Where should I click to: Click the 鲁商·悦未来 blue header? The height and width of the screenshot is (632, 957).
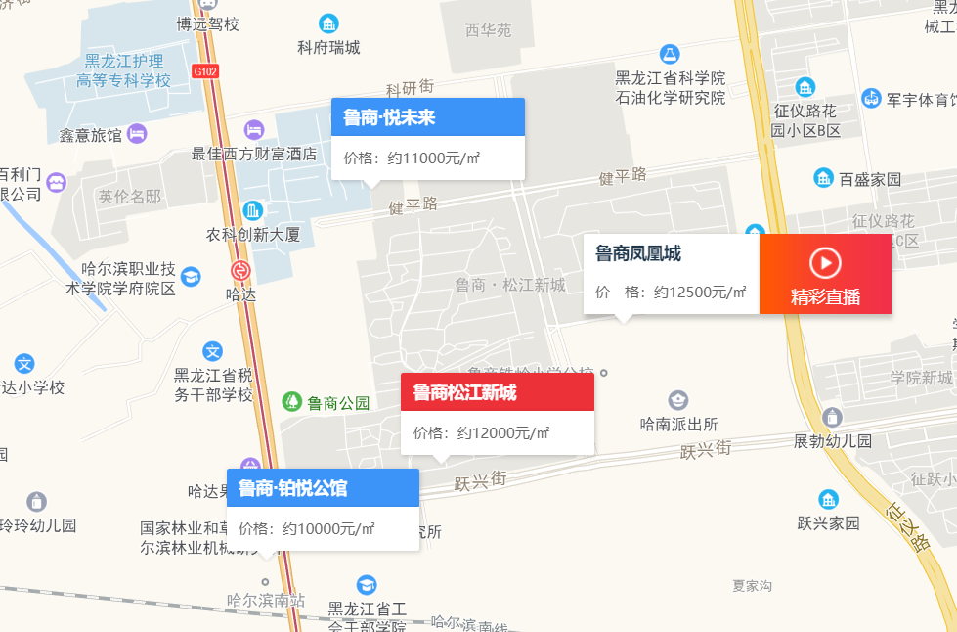click(427, 117)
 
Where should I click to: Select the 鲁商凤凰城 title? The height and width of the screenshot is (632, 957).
click(638, 254)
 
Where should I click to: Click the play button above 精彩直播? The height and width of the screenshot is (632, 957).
click(825, 262)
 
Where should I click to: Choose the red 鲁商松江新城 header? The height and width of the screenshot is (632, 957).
click(497, 392)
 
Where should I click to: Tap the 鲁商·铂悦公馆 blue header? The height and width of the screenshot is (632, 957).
click(323, 488)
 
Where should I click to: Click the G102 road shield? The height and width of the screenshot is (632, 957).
click(205, 70)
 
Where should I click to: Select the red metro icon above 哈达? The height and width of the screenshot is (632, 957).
click(239, 271)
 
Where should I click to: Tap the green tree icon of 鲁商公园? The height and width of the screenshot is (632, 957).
click(291, 402)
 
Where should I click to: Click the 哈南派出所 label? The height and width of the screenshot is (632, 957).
click(678, 424)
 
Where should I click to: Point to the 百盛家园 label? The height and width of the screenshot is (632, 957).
click(870, 179)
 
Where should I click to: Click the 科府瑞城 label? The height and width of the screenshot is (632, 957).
click(328, 47)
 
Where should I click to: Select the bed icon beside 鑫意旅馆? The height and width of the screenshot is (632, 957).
click(137, 132)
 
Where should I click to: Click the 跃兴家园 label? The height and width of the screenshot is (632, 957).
click(828, 522)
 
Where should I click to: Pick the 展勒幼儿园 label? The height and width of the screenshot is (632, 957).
click(832, 440)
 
